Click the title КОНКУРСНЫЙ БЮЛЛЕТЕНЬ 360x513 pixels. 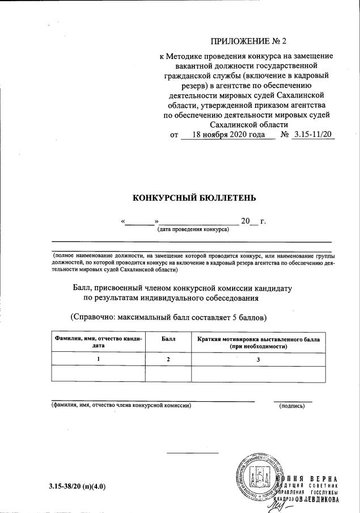point(194,198)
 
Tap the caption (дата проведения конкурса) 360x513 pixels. point(193,230)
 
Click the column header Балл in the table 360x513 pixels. point(168,339)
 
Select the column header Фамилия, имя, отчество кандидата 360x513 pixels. point(99,342)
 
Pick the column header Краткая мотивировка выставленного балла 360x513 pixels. point(258,342)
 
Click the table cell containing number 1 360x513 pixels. point(99,359)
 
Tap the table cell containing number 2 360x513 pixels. point(168,359)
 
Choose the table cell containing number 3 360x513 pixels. point(258,359)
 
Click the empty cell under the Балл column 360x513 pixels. point(168,374)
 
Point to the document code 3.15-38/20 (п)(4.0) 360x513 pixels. point(77,487)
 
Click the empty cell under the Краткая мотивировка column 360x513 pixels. point(258,374)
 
